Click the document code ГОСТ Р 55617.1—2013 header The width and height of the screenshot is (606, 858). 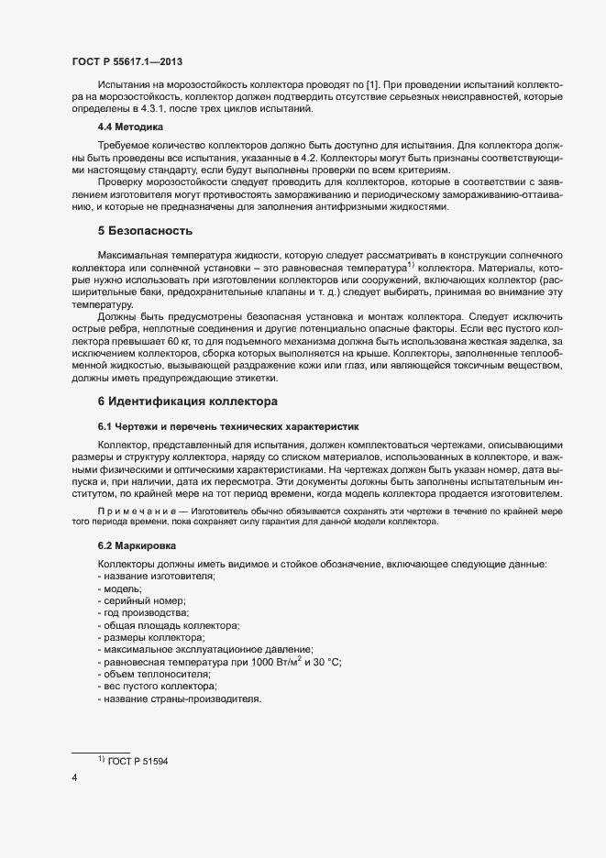pos(127,61)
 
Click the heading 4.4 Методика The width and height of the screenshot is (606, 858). pos(130,128)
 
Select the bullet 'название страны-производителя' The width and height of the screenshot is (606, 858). pos(182,699)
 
